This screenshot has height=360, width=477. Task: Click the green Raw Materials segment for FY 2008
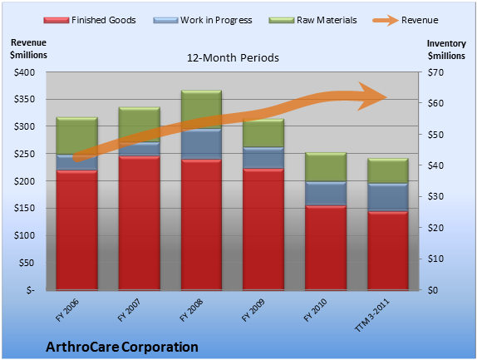[x=201, y=110]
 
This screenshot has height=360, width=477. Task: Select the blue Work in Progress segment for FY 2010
[x=326, y=194]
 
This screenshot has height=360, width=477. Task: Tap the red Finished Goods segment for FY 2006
[x=77, y=229]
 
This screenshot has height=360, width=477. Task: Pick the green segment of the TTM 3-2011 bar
[x=388, y=170]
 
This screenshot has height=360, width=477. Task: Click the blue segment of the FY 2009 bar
[x=263, y=158]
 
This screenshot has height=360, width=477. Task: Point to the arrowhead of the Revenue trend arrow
[x=372, y=96]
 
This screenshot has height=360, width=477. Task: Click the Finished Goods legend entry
[x=90, y=20]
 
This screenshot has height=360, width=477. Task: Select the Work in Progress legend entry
[x=203, y=20]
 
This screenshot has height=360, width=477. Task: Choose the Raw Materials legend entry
[x=312, y=20]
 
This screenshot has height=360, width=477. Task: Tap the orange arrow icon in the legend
[x=386, y=20]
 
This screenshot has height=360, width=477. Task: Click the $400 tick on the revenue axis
[x=24, y=72]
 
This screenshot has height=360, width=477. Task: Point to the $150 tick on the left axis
[x=24, y=208]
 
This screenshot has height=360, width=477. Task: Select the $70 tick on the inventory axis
[x=435, y=72]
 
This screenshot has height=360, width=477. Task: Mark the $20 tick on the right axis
[x=435, y=228]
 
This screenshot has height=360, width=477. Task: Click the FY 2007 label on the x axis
[x=129, y=310]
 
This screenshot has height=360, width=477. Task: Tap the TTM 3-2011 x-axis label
[x=371, y=315]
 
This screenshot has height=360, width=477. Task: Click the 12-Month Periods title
[x=233, y=58]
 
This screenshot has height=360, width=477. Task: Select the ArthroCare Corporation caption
[x=122, y=347]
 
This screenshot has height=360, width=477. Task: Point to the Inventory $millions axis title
[x=446, y=50]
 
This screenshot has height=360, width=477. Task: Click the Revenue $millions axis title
[x=28, y=49]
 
